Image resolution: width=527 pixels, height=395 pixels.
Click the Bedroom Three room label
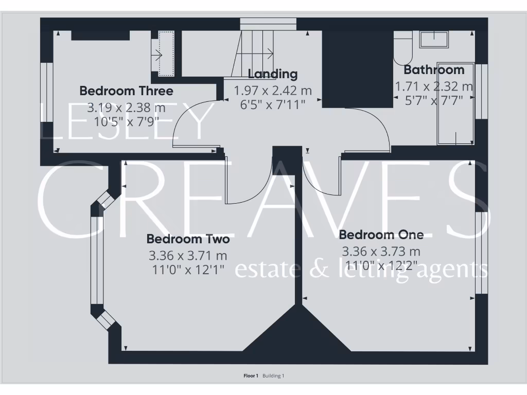(x=126, y=91)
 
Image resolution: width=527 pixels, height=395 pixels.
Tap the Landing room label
(x=273, y=74)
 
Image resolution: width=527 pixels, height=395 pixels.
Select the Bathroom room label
(x=434, y=70)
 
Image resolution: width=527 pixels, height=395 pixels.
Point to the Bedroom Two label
(x=188, y=239)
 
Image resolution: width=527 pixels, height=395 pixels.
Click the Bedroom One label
(x=381, y=235)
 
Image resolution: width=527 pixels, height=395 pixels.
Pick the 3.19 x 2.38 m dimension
(x=126, y=108)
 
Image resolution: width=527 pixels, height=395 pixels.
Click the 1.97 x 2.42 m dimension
(x=273, y=91)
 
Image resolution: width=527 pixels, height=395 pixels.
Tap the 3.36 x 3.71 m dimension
(x=188, y=255)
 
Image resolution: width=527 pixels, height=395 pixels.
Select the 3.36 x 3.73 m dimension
(x=381, y=252)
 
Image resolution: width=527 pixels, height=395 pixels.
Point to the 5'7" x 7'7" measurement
(x=434, y=100)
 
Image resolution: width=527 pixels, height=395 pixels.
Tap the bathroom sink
(x=434, y=40)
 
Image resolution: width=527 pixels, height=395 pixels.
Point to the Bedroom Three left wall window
(x=47, y=93)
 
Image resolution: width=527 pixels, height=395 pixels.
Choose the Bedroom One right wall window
(x=481, y=252)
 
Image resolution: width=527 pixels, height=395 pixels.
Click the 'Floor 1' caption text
(x=251, y=376)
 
